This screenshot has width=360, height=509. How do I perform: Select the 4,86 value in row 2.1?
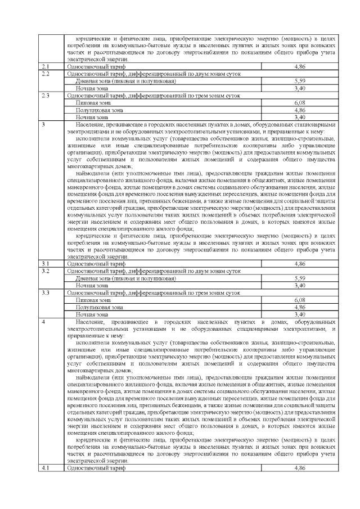click(299, 67)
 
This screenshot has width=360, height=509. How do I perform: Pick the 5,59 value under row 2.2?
click(299, 82)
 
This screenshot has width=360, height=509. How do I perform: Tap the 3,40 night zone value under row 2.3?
click(299, 118)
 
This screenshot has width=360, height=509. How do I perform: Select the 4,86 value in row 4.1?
click(299, 467)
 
